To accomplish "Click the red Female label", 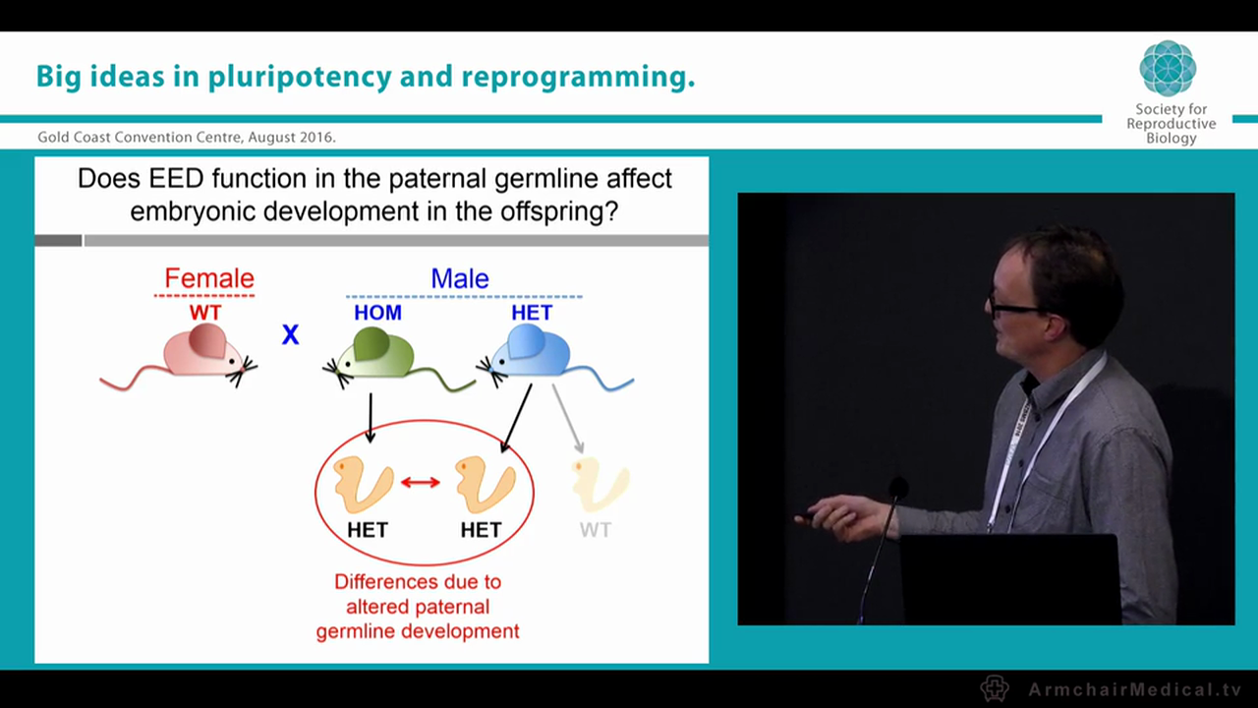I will click(x=209, y=278).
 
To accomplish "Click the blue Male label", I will click(x=459, y=278).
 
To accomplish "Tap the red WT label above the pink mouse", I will click(x=205, y=313).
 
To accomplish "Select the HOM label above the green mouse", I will click(x=377, y=313).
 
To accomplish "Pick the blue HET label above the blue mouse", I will click(x=532, y=313).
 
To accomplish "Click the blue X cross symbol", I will click(x=290, y=335).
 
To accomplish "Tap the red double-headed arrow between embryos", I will click(x=420, y=482).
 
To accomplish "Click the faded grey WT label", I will click(x=595, y=530).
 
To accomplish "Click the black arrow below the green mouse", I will click(x=371, y=418).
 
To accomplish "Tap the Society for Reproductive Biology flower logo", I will click(x=1168, y=68).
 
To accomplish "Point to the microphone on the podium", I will click(x=896, y=489).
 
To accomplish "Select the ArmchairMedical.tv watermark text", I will click(x=1134, y=689).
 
